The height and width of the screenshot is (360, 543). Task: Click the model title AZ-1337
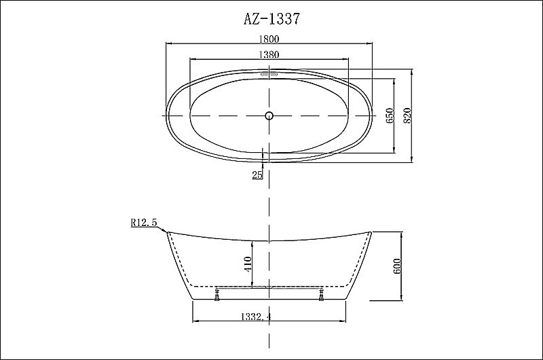tap(270, 19)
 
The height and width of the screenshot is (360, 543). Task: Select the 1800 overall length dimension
tap(270, 39)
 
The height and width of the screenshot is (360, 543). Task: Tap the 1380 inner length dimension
tap(270, 54)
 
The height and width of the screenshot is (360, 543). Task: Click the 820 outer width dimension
tap(408, 116)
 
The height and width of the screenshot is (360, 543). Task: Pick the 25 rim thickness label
tap(257, 175)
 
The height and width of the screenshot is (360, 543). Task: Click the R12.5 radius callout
tap(144, 222)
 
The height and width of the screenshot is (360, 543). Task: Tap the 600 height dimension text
tap(397, 266)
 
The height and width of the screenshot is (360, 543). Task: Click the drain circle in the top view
tap(269, 115)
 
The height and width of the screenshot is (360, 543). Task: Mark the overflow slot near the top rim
tap(269, 75)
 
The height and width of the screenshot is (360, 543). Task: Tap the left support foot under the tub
tap(217, 295)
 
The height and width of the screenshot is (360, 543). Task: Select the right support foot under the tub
tap(321, 295)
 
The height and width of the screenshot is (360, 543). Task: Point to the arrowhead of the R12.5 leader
tap(166, 232)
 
